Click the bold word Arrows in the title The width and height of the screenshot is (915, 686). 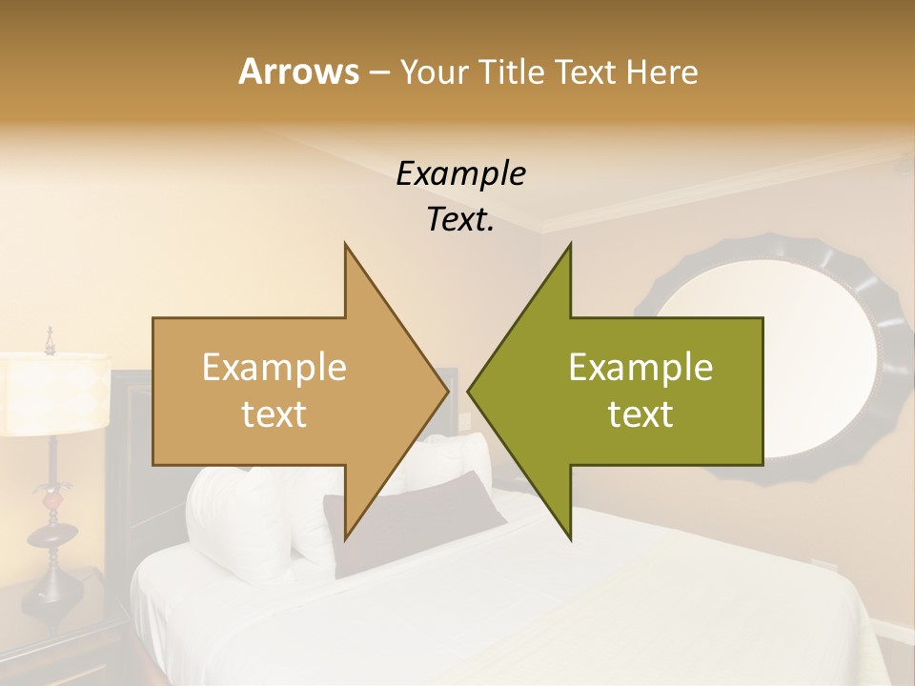coord(298,71)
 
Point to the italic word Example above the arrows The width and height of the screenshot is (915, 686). coord(460,174)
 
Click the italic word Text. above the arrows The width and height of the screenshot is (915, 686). coord(460,220)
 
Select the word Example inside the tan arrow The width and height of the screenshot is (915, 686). coord(274,368)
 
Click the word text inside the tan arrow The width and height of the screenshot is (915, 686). coord(274,414)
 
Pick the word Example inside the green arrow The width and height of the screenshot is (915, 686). coord(640,368)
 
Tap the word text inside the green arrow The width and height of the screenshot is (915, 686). coord(640,414)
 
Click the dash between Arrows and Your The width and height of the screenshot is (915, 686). coord(378,73)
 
